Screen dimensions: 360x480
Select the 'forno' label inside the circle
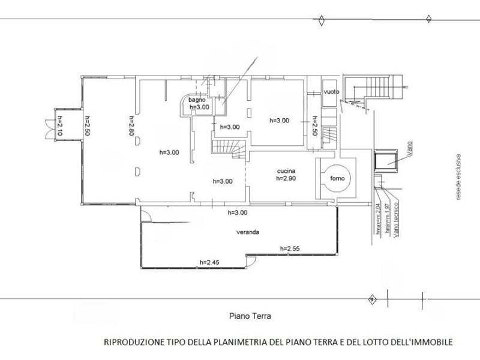[x=336, y=178]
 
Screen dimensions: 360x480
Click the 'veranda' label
[x=247, y=233]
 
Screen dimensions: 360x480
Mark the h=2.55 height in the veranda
[x=290, y=248]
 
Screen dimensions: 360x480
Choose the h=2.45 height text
[x=211, y=262]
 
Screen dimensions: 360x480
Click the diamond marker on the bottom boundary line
[x=372, y=298]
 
